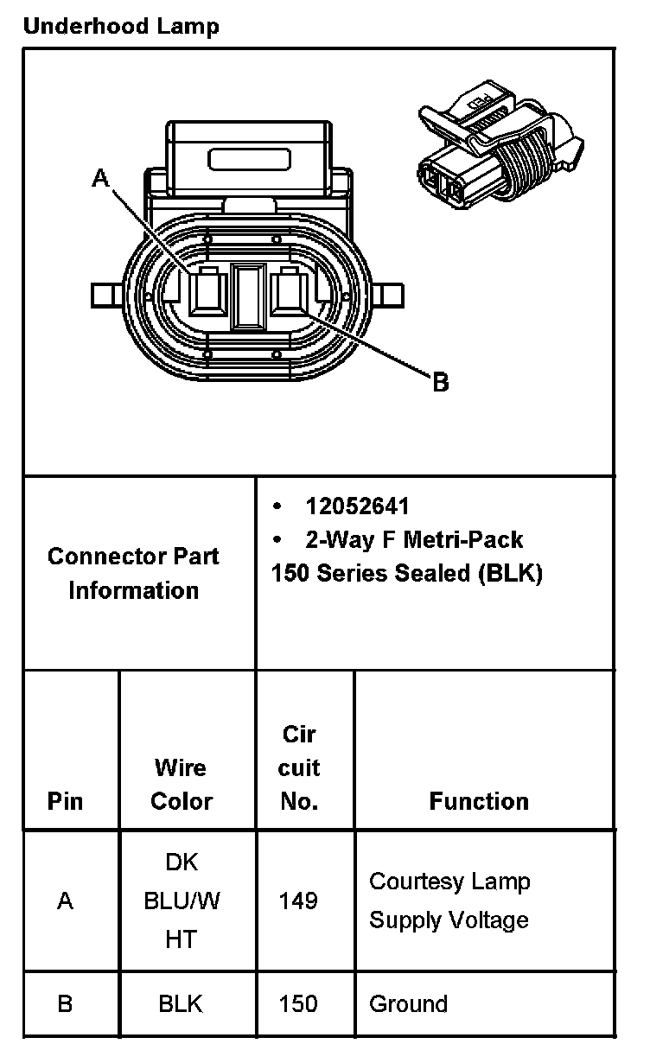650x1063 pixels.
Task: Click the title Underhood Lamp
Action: tap(121, 27)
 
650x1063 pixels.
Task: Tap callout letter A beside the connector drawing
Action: tap(101, 179)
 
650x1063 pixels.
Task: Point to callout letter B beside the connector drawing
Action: tap(440, 382)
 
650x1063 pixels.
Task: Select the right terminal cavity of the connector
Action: tap(289, 292)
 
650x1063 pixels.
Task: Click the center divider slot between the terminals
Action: tap(249, 296)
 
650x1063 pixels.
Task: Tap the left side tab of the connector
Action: tap(106, 296)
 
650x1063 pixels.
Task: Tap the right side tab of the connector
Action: tap(391, 296)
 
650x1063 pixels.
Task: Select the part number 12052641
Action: tap(357, 506)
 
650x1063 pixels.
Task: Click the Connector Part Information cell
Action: tap(134, 573)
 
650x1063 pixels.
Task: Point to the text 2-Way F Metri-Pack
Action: tap(413, 540)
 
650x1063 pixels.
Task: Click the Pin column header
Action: tap(66, 801)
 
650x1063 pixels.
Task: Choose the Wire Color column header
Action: tap(182, 784)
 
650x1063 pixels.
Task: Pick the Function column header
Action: tap(479, 801)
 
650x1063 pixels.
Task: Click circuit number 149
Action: tap(298, 901)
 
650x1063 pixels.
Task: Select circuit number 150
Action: tap(298, 1004)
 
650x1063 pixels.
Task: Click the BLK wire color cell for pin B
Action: tap(181, 1004)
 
